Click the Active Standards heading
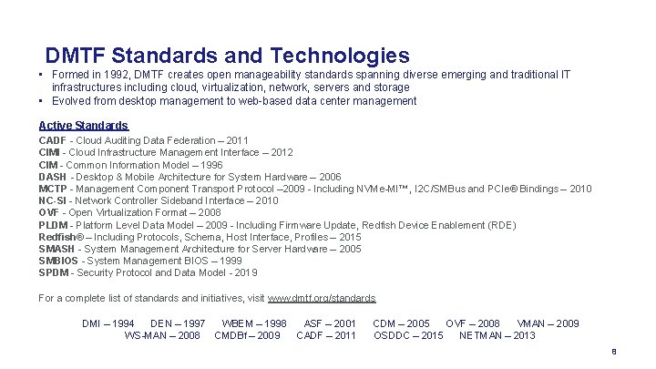click(x=83, y=125)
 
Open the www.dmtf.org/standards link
click(x=322, y=298)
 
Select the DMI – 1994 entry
click(x=108, y=323)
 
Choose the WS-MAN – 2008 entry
click(x=161, y=335)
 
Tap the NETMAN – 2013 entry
click(x=497, y=335)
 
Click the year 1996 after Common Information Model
click(x=210, y=165)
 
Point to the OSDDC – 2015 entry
click(x=408, y=335)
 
